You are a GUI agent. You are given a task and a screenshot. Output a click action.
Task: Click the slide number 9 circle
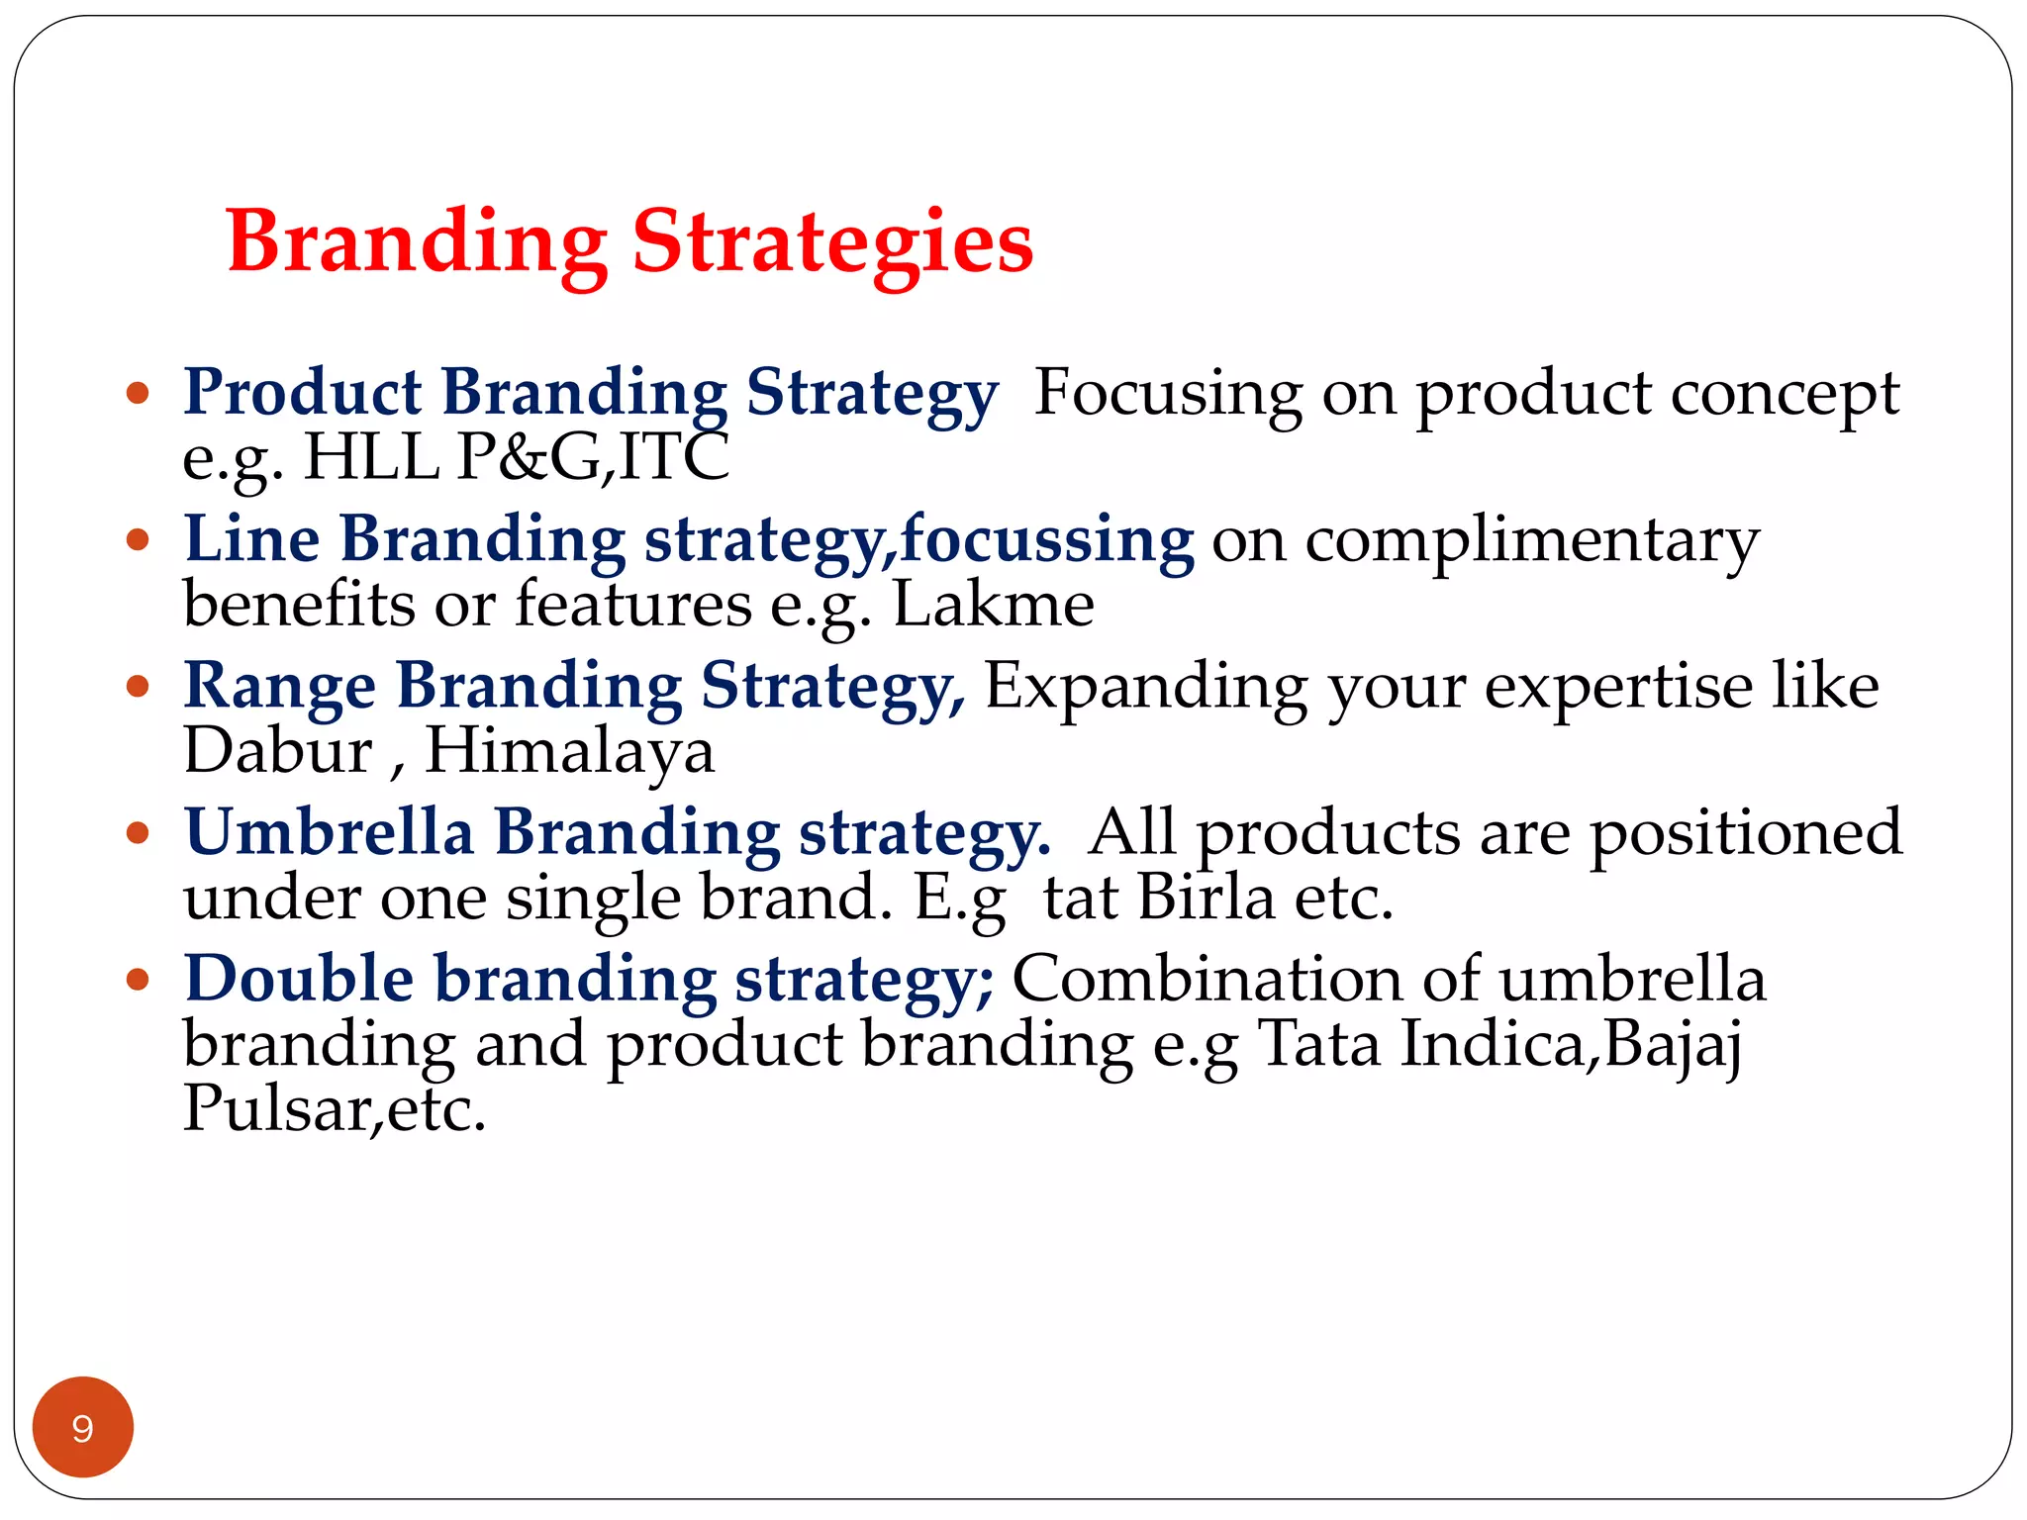pyautogui.click(x=83, y=1427)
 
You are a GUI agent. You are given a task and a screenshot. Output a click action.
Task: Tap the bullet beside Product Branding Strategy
pyautogui.click(x=139, y=394)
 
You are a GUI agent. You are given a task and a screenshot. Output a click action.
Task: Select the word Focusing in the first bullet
pyautogui.click(x=1168, y=393)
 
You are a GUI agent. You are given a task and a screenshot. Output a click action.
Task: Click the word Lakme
pyautogui.click(x=994, y=605)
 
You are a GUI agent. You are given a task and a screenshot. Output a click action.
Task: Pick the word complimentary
pyautogui.click(x=1531, y=542)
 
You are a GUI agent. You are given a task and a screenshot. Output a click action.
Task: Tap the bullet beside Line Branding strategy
pyautogui.click(x=139, y=540)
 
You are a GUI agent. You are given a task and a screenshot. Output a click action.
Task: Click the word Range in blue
pyautogui.click(x=280, y=686)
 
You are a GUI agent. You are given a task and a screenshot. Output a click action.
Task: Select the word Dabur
pyautogui.click(x=278, y=751)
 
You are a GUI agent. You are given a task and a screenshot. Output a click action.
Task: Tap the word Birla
pyautogui.click(x=1206, y=898)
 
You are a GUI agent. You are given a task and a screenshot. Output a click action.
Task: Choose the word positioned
pyautogui.click(x=1746, y=833)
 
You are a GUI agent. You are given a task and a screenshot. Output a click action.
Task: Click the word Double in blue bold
pyautogui.click(x=299, y=979)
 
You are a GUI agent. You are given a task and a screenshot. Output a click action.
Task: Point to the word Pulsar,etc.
pyautogui.click(x=335, y=1109)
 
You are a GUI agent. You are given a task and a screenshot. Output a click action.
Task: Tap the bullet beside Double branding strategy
pyautogui.click(x=139, y=980)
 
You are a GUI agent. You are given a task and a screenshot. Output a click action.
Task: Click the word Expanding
pyautogui.click(x=1145, y=686)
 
